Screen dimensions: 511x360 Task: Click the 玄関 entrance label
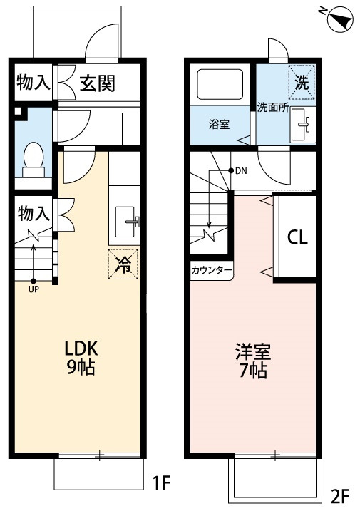pos(97,83)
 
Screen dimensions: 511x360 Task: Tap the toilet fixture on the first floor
pos(33,159)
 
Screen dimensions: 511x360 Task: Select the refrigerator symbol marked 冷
pos(123,264)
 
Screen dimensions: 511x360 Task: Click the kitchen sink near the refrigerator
pos(126,220)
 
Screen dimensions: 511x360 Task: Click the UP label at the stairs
pos(34,289)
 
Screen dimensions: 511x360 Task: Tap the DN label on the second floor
pos(240,170)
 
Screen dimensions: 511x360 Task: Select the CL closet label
pos(297,238)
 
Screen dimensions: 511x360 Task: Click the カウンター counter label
pos(212,271)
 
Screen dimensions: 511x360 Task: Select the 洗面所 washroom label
pos(272,108)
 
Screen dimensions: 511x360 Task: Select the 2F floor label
pos(340,494)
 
